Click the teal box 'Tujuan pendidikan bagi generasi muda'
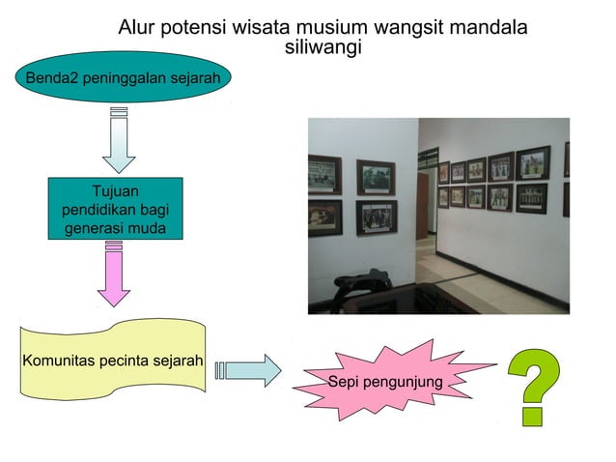pyautogui.click(x=115, y=210)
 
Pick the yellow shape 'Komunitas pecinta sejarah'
pyautogui.click(x=112, y=361)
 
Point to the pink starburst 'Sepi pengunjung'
pyautogui.click(x=386, y=382)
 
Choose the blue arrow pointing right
pyautogui.click(x=249, y=369)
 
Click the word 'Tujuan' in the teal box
pyautogui.click(x=115, y=191)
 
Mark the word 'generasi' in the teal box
pyautogui.click(x=94, y=228)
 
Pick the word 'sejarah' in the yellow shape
pyautogui.click(x=175, y=361)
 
